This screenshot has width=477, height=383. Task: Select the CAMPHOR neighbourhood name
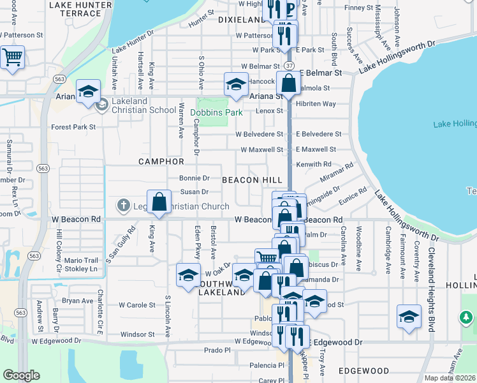161,162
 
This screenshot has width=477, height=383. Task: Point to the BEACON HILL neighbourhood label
249,181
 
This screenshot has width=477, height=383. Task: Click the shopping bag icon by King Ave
159,202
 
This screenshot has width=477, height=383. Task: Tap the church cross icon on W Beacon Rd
123,206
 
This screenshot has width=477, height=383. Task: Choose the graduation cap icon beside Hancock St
236,84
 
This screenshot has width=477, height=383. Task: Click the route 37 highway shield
290,66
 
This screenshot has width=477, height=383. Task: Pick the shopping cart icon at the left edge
11,57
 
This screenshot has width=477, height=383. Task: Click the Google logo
21,375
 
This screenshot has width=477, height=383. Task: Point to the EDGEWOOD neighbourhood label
363,371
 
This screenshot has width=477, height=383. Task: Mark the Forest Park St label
73,127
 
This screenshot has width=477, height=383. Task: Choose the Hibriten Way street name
316,103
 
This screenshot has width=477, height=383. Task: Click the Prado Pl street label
216,350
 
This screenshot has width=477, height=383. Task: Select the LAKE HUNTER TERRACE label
80,8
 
